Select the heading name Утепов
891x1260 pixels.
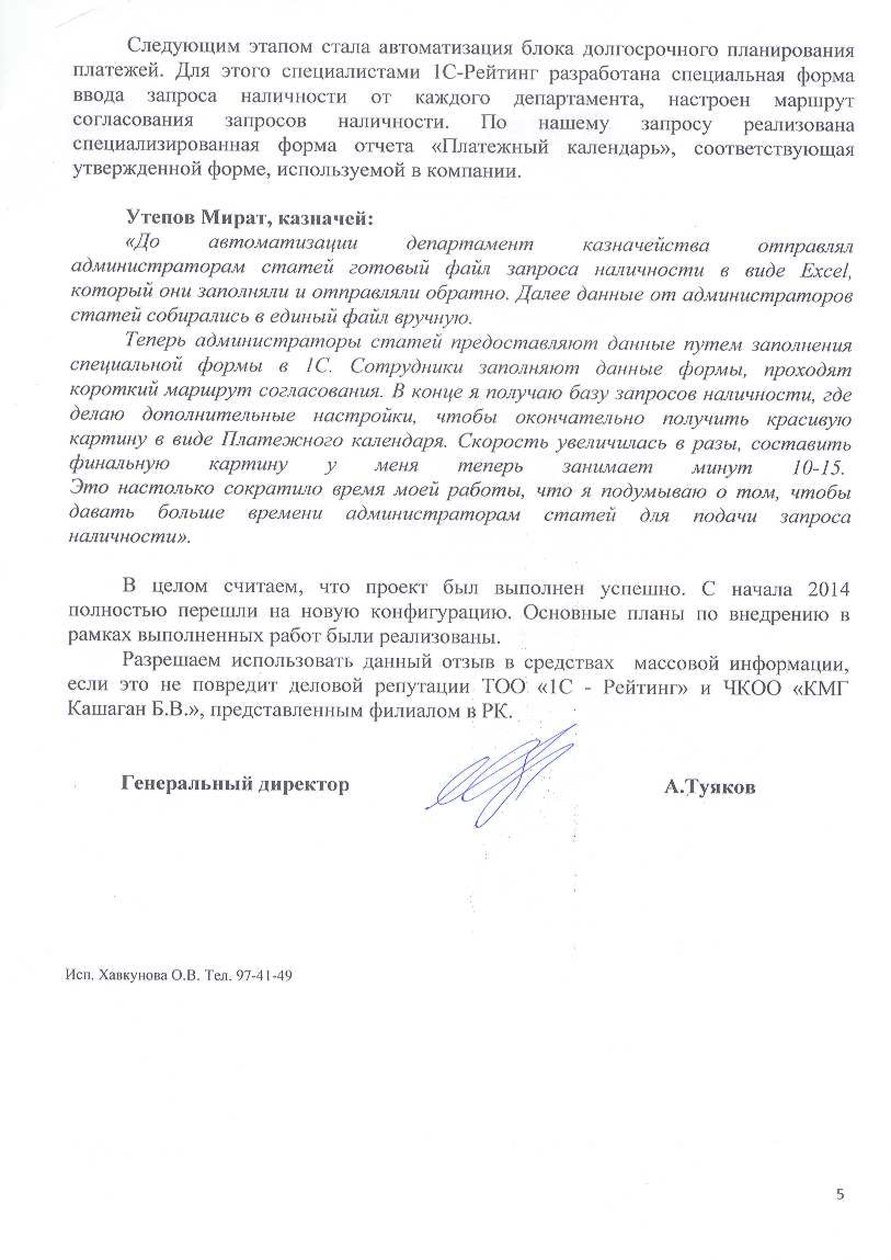pyautogui.click(x=159, y=219)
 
